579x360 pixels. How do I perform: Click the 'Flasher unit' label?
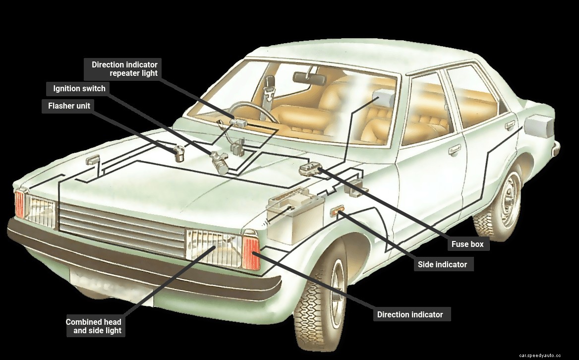coord(69,106)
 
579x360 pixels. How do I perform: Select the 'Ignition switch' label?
coord(79,89)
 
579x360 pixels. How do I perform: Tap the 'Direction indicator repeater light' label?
coord(124,69)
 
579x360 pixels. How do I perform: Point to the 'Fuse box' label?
coord(467,244)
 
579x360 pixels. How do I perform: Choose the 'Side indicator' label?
coord(442,264)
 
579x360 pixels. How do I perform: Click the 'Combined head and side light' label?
coord(94,326)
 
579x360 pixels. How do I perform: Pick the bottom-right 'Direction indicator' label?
coord(410,314)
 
